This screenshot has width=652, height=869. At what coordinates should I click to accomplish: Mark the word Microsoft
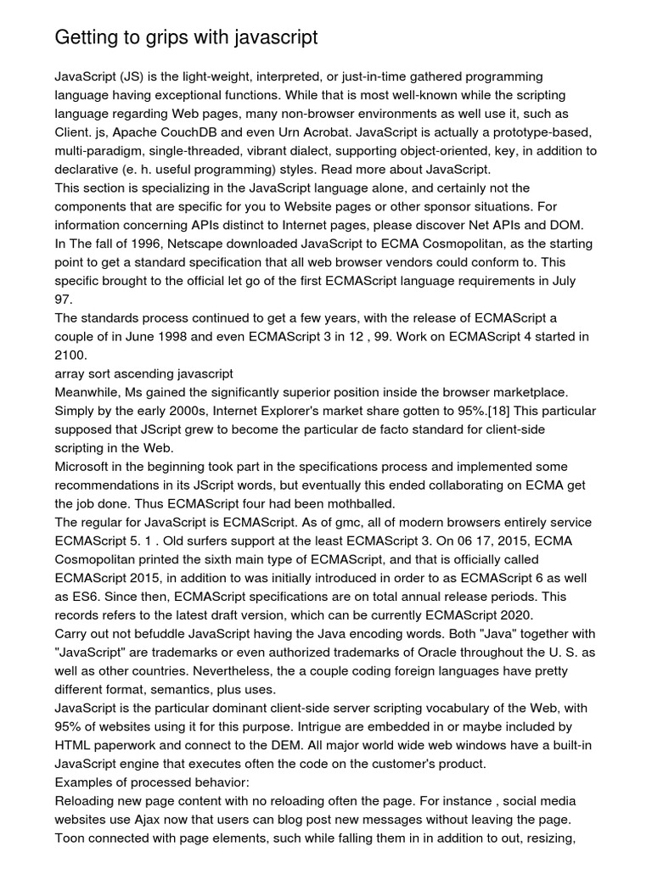click(83, 467)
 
